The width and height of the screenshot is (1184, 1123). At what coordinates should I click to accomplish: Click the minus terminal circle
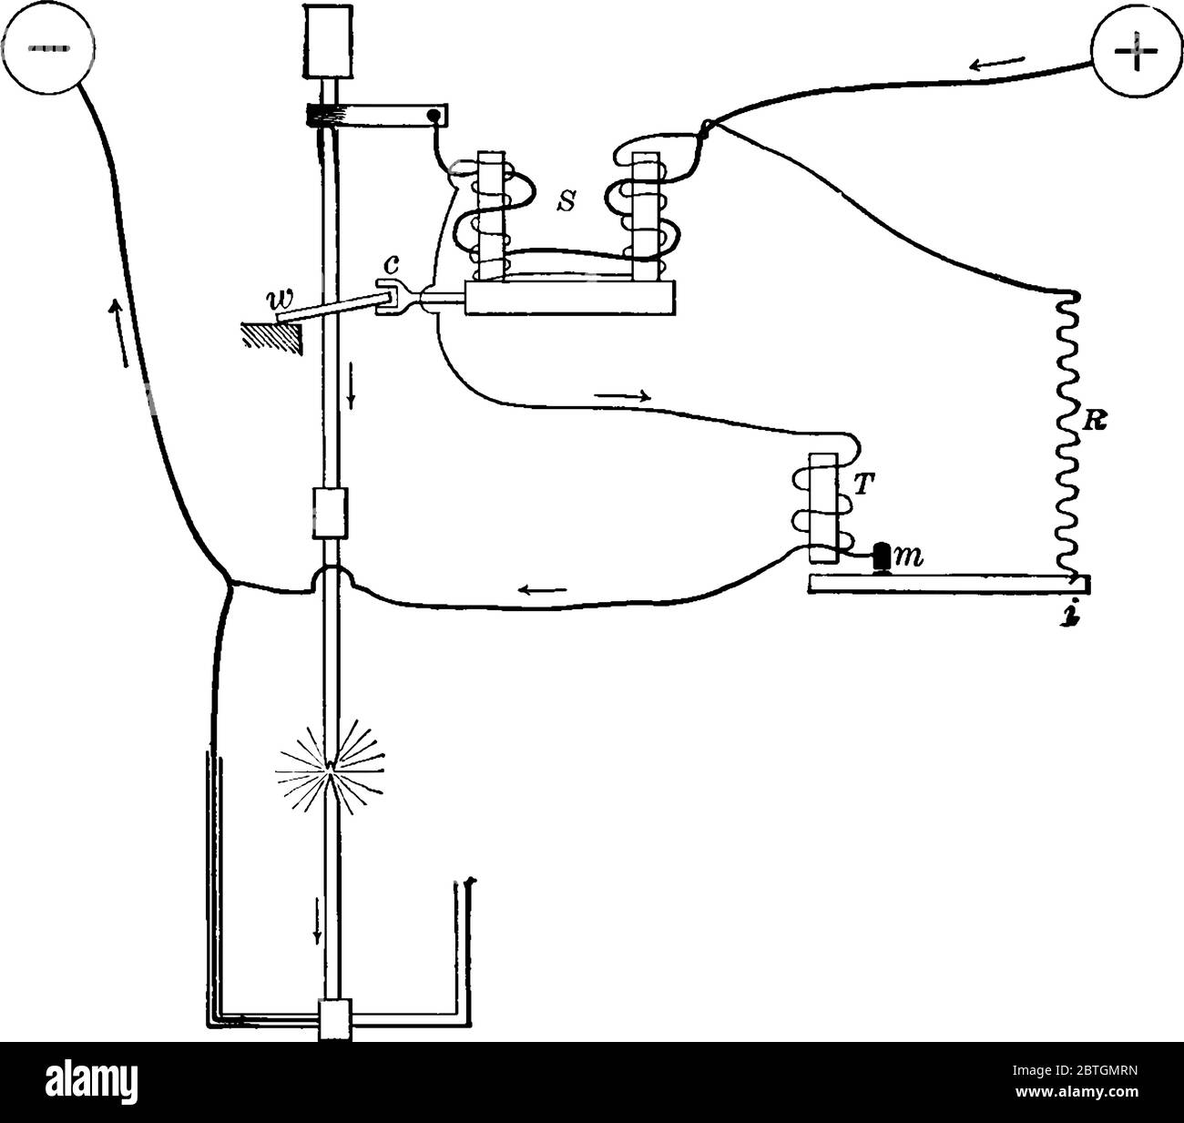click(48, 47)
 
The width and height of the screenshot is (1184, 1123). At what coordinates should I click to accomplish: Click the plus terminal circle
click(1136, 51)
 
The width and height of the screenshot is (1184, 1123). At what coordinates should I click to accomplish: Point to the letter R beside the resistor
click(1095, 421)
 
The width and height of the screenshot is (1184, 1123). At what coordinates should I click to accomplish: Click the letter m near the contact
click(909, 558)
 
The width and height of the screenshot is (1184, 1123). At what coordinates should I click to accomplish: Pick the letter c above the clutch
click(392, 263)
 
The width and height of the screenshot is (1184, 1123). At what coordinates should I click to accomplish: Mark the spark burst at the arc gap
click(330, 766)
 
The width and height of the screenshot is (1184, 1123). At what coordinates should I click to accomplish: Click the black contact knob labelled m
click(883, 556)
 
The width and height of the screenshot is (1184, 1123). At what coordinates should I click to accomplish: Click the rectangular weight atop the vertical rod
click(328, 41)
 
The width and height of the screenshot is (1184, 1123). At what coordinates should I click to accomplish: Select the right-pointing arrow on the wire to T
click(623, 396)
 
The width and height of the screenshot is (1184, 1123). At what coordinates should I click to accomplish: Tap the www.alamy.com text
click(1077, 1092)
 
